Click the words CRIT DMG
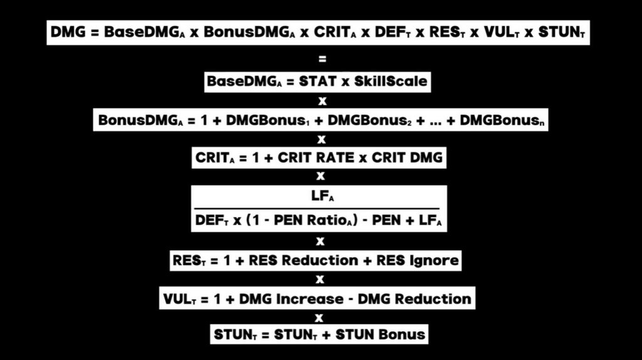click(x=407, y=158)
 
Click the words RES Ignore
click(x=418, y=260)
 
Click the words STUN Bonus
click(x=381, y=334)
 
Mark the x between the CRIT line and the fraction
click(x=321, y=176)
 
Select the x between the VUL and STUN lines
click(x=320, y=317)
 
